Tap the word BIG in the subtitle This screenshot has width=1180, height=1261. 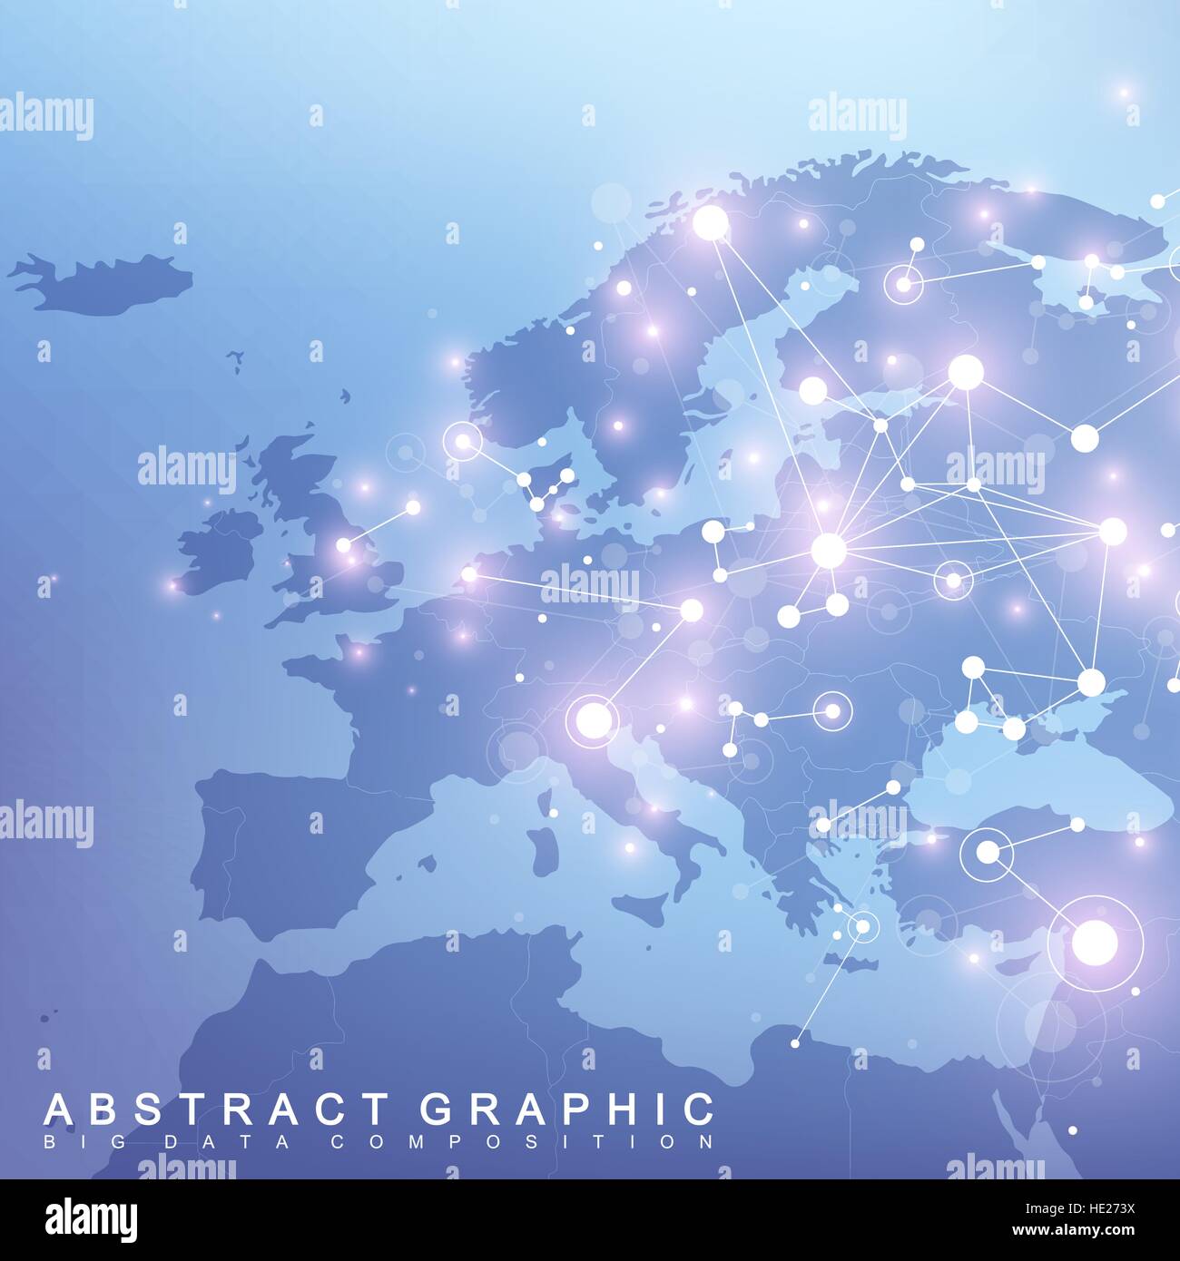pyautogui.click(x=68, y=1140)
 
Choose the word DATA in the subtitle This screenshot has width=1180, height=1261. pyautogui.click(x=185, y=1140)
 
